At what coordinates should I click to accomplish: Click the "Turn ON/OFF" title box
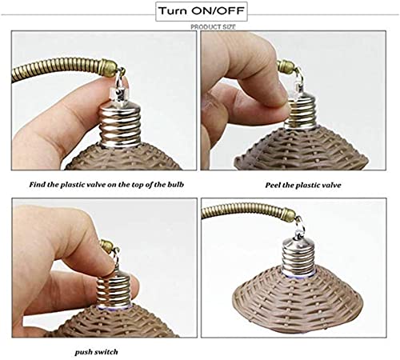[x=202, y=11]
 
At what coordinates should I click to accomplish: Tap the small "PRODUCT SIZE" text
[x=213, y=27]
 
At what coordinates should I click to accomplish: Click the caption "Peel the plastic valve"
[x=303, y=185]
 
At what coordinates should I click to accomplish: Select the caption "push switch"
[x=96, y=352]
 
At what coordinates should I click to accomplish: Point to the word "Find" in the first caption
[x=37, y=184]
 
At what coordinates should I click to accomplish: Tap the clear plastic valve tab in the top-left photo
[x=119, y=94]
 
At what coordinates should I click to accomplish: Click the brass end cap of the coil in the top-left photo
[x=110, y=68]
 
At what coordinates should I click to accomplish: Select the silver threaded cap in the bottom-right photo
[x=299, y=256]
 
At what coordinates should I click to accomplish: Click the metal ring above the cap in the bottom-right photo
[x=299, y=222]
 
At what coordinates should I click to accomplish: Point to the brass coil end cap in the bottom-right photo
[x=288, y=214]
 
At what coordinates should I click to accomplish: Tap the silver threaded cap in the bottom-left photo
[x=114, y=289]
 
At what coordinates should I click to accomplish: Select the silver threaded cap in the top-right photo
[x=301, y=112]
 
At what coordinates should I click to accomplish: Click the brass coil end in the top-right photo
[x=286, y=67]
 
